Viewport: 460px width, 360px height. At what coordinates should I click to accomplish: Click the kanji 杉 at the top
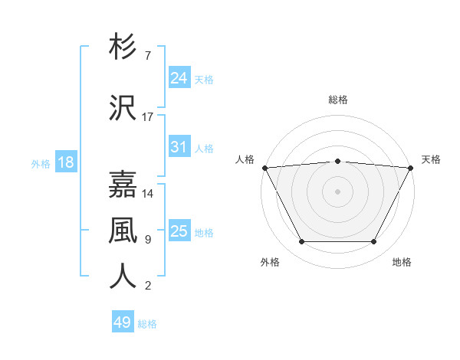click(123, 47)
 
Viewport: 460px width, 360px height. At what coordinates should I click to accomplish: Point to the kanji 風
click(123, 230)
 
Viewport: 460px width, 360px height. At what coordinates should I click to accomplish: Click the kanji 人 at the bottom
click(123, 277)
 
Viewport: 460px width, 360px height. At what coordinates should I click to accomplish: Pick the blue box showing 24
click(179, 78)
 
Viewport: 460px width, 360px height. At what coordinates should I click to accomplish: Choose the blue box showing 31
click(179, 147)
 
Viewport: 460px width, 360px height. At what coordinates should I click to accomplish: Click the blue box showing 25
click(179, 231)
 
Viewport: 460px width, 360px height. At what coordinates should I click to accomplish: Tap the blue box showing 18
click(65, 162)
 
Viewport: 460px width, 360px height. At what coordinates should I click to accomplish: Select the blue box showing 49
click(123, 322)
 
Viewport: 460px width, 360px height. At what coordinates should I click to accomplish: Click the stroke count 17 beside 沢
click(148, 117)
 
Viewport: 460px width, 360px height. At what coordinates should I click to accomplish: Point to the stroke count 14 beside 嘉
click(149, 194)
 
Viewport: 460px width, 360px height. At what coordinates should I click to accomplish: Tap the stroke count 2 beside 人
click(148, 286)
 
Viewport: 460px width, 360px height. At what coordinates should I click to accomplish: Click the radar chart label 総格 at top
click(338, 100)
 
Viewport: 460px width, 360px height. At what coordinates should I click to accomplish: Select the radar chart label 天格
click(431, 159)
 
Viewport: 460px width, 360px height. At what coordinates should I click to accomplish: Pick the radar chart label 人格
click(245, 159)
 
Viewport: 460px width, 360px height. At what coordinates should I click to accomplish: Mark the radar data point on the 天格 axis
click(411, 167)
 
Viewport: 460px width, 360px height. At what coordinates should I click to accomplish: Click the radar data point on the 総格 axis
click(338, 161)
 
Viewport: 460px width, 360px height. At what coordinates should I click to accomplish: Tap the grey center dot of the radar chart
click(338, 191)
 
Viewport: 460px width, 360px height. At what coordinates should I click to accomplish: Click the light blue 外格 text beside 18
click(41, 163)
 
